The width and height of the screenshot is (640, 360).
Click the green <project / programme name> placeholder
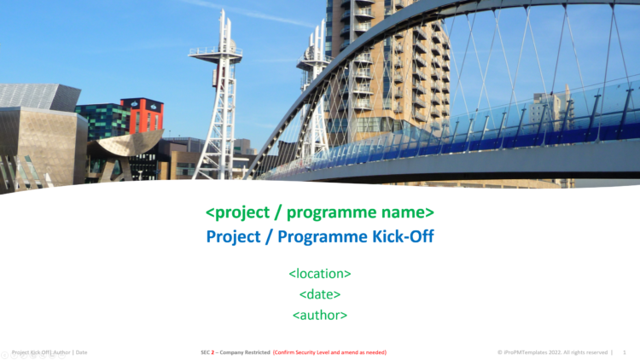[320, 212]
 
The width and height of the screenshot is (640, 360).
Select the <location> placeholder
[320, 274]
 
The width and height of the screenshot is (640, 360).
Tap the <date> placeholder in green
[320, 294]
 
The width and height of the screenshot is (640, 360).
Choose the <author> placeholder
[320, 315]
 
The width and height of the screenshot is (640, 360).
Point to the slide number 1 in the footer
[625, 351]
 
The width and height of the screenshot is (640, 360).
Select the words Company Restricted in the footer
[245, 351]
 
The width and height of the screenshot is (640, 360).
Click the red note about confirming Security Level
[330, 351]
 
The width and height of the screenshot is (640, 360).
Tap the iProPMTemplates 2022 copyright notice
[552, 351]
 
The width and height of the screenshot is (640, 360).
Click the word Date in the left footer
[80, 351]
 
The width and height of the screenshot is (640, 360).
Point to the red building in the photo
[142, 115]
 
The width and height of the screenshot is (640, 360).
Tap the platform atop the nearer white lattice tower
[215, 52]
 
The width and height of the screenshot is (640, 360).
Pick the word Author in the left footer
[59, 351]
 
